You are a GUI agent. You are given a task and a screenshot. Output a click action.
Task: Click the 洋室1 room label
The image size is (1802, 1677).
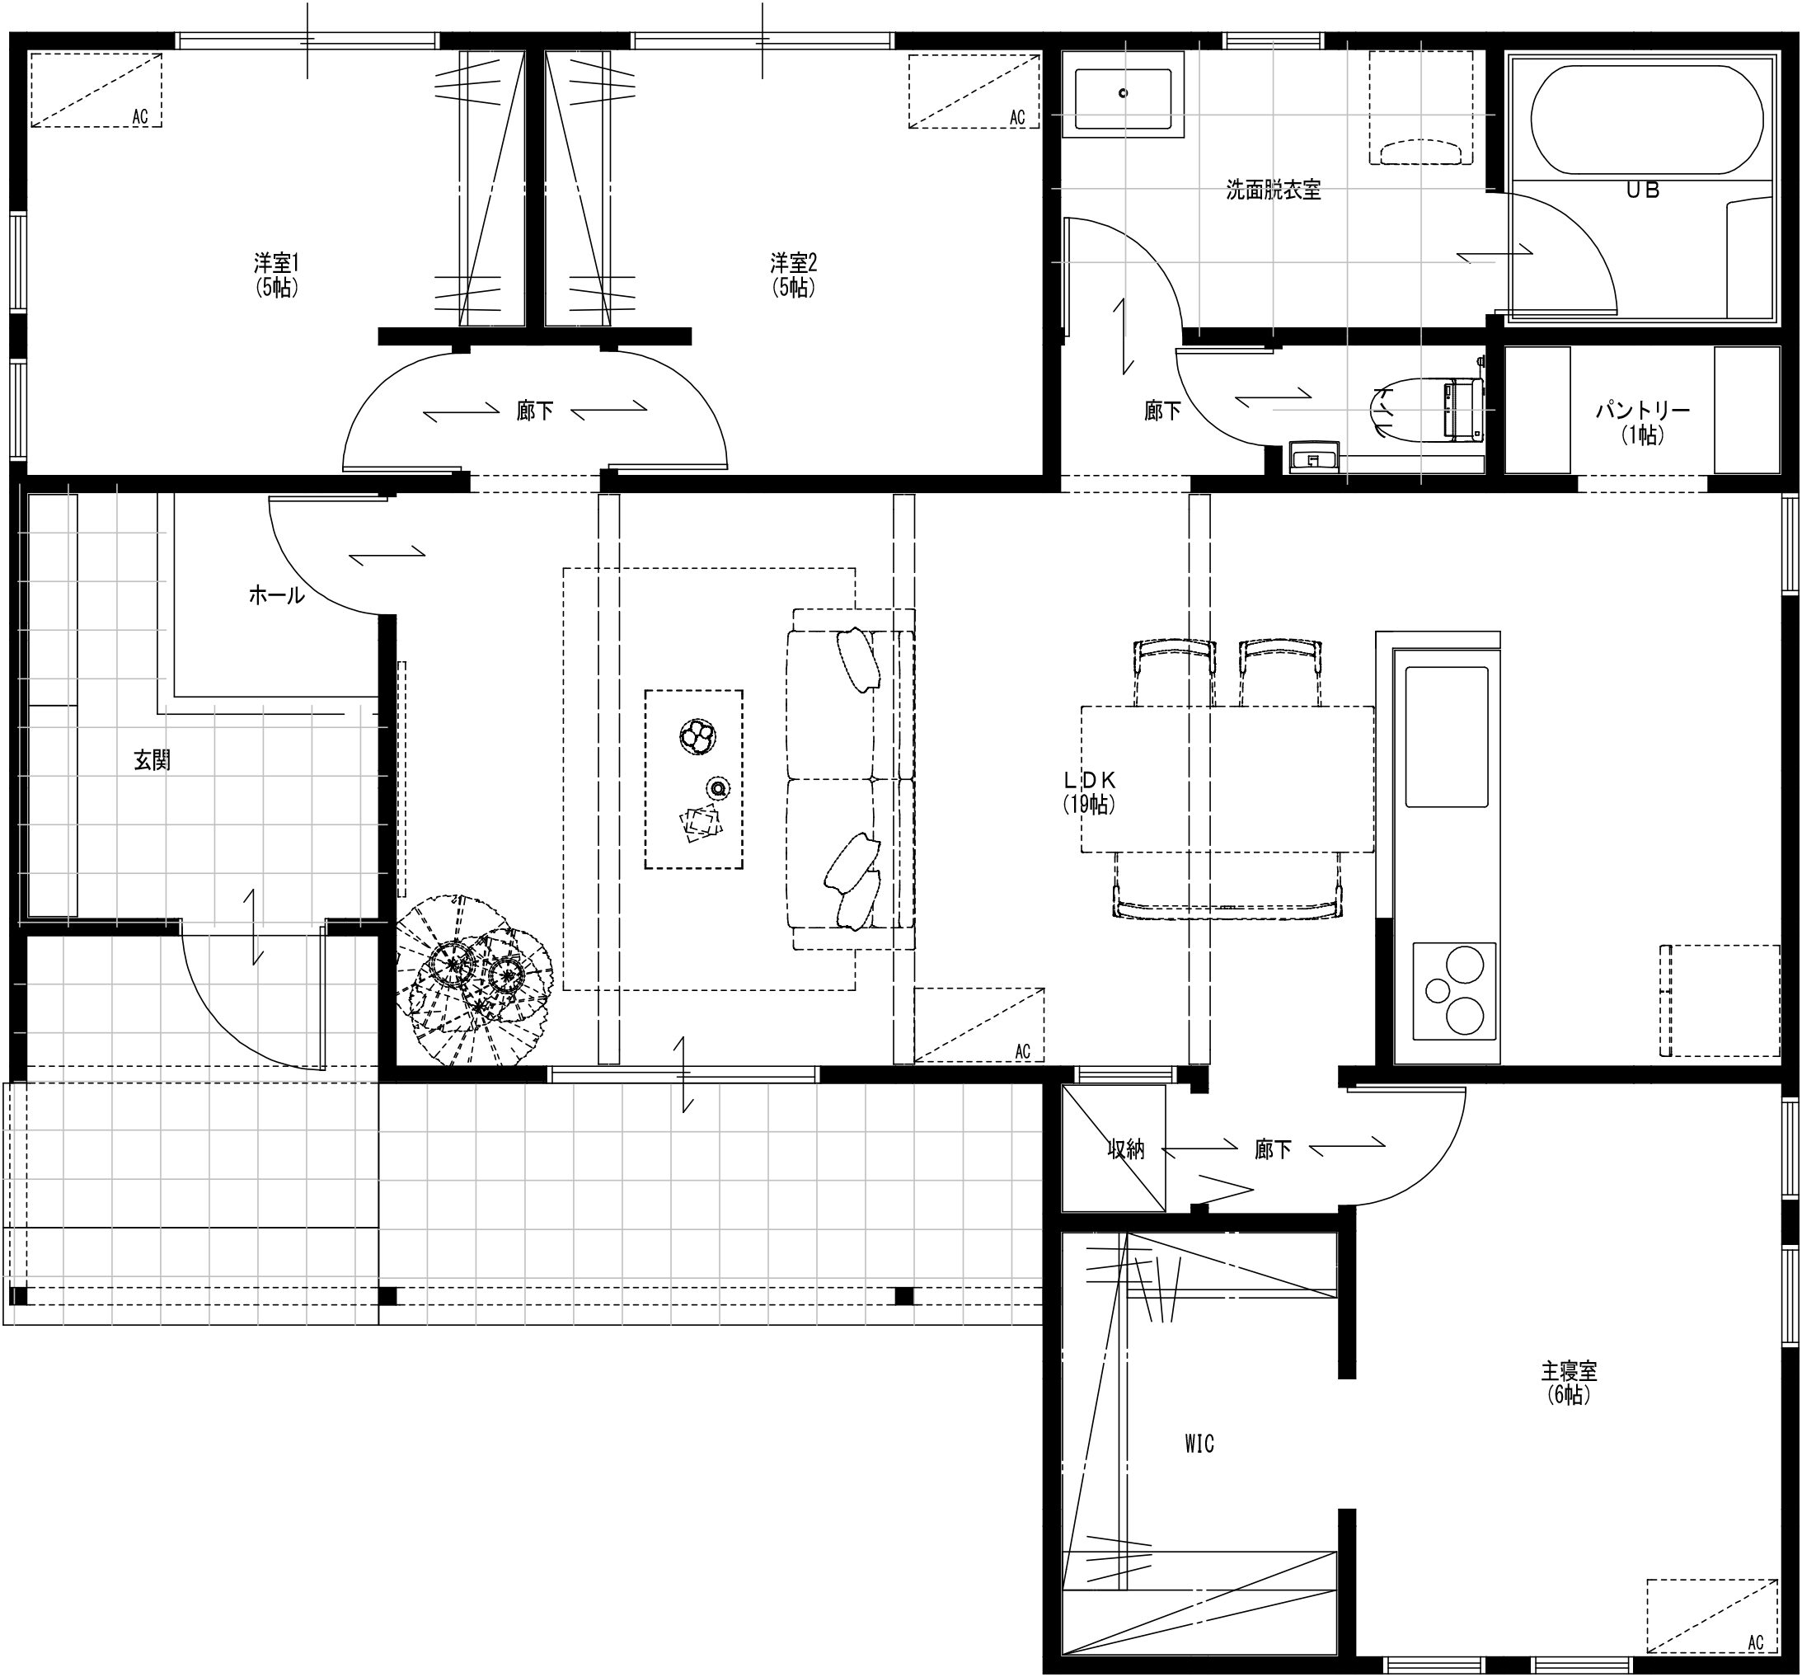276,263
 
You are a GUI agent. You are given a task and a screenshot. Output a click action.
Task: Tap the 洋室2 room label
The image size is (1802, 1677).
793,263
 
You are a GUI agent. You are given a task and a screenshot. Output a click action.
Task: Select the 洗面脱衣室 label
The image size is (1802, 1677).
1273,190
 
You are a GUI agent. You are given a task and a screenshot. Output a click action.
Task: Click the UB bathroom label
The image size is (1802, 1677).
1642,190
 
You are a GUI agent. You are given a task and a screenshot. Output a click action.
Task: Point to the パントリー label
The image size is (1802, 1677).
1642,411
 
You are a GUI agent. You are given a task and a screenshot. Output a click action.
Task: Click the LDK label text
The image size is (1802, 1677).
1089,780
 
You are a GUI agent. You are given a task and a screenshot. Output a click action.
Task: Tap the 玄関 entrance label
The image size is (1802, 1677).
153,760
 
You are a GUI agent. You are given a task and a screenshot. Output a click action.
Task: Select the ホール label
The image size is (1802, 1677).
276,595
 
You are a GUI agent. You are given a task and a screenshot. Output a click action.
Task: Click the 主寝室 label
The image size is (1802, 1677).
1569,1369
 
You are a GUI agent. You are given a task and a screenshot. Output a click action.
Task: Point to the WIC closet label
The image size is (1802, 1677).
1199,1444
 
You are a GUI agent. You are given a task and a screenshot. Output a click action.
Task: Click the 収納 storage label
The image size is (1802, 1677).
1127,1149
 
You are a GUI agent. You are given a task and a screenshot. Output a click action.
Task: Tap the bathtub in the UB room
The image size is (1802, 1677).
1647,120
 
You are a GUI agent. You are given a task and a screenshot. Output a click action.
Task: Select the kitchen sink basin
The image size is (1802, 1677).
1446,737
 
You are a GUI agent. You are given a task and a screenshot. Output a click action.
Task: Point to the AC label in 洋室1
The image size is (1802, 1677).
139,117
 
